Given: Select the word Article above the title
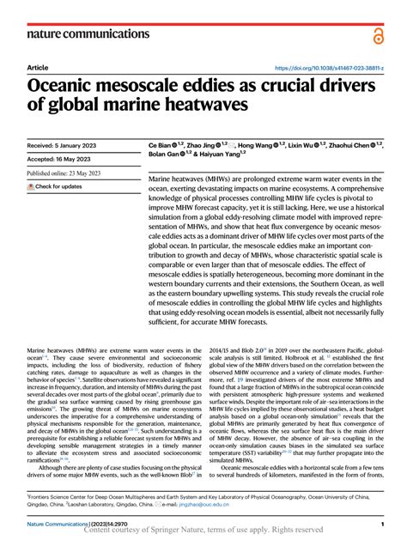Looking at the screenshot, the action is pos(38,67).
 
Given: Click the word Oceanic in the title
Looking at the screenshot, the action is pos(71,86).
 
